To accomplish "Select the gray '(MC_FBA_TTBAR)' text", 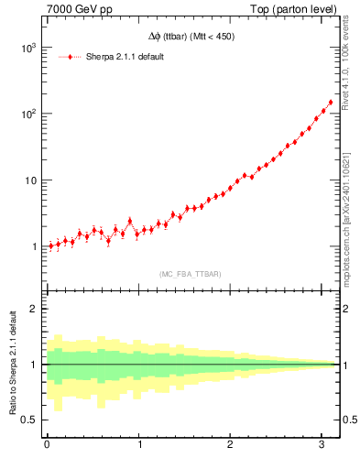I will coord(191,274).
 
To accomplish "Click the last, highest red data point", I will coord(331,103).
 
